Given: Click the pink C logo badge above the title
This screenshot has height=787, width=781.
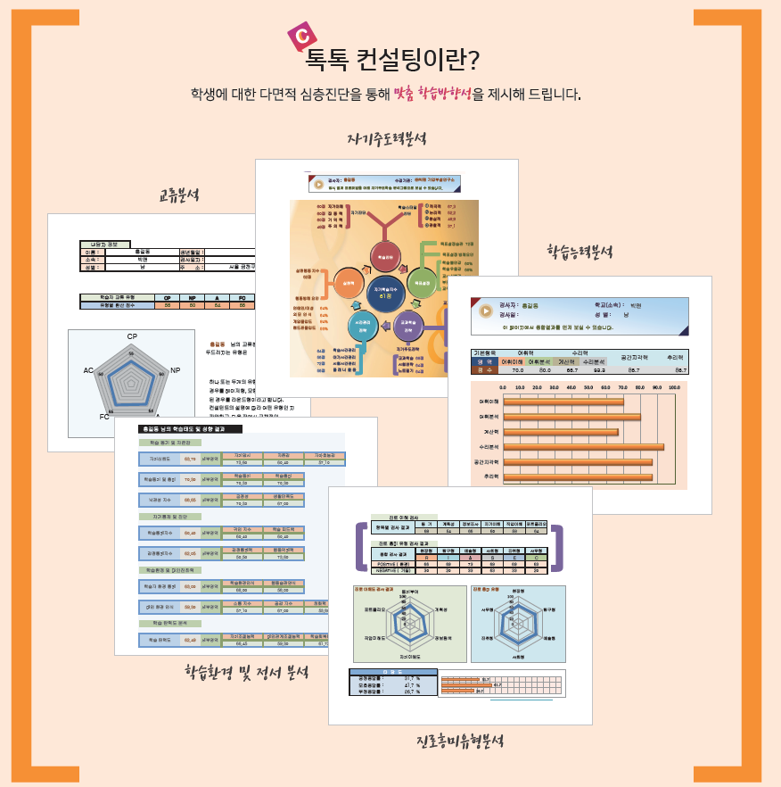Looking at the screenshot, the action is (302, 37).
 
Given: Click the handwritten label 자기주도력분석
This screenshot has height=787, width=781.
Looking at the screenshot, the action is (387, 139).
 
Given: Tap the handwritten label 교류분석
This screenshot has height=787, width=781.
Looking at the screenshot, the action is (179, 195).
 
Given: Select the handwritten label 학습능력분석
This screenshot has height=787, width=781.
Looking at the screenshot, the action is (580, 253).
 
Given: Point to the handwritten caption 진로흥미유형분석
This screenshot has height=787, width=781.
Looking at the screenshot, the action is (460, 741).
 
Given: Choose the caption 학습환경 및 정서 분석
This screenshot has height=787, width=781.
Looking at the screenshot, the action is (246, 672).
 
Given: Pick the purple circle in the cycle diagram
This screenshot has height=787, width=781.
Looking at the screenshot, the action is (407, 326).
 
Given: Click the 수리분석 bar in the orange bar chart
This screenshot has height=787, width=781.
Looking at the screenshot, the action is (583, 447).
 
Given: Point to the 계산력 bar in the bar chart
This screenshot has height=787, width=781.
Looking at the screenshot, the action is (561, 432).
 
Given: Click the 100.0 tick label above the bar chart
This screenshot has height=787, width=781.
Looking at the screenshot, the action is (674, 388).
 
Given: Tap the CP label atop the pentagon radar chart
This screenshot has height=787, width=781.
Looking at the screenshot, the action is (132, 336).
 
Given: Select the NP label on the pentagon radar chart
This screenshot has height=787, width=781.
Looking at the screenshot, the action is (175, 369).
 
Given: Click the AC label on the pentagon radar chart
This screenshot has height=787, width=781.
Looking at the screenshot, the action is (88, 370).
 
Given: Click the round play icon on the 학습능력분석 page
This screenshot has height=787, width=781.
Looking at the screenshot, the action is (485, 311).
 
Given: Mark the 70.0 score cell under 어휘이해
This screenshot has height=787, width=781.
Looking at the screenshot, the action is (517, 369).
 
